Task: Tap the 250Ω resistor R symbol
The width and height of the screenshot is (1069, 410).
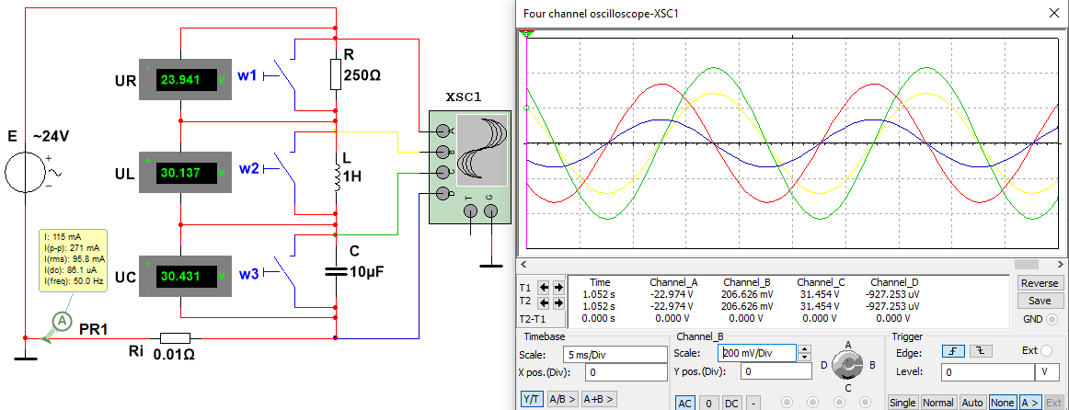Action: [335, 74]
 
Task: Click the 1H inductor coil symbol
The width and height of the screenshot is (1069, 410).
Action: [336, 177]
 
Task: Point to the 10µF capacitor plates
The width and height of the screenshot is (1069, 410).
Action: [335, 271]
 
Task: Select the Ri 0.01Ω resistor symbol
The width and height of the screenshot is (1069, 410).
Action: [175, 337]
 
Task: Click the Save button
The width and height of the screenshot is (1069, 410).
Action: [1040, 301]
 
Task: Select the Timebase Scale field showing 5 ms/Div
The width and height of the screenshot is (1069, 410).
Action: [615, 354]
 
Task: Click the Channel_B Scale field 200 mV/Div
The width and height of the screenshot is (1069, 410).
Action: [757, 353]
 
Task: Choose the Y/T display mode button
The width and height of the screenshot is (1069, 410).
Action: [531, 399]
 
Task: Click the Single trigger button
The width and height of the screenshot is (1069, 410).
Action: [903, 402]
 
